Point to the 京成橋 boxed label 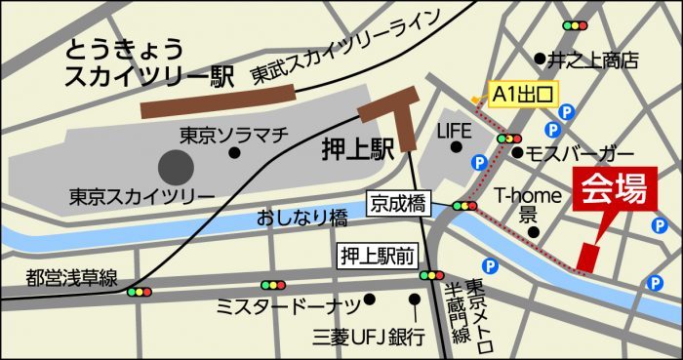pyautogui.click(x=398, y=204)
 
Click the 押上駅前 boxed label pyautogui.click(x=379, y=257)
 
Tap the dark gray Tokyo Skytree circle pyautogui.click(x=176, y=165)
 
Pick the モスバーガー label pyautogui.click(x=580, y=155)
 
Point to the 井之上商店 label pyautogui.click(x=591, y=60)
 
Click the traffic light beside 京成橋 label pyautogui.click(x=464, y=205)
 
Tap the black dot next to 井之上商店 pyautogui.click(x=538, y=58)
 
